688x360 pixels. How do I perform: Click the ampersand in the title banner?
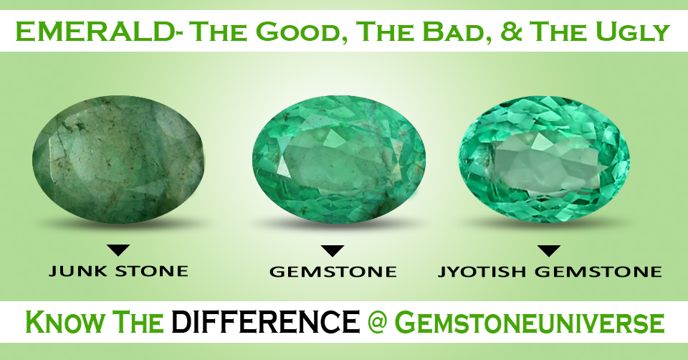[511, 32]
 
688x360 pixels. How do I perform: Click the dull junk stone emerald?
[118, 159]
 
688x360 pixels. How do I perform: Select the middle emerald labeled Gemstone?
[339, 159]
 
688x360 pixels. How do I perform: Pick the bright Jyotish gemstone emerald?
[545, 158]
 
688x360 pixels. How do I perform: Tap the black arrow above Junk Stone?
[118, 250]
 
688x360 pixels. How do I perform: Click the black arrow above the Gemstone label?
[332, 251]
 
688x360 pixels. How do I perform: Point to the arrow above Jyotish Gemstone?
[550, 251]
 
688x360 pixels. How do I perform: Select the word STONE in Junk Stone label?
[152, 271]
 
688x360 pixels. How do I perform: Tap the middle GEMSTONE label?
[333, 272]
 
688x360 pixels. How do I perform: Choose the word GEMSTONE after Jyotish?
[598, 272]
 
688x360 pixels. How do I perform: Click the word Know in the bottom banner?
[66, 322]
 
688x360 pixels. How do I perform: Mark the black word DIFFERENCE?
[265, 321]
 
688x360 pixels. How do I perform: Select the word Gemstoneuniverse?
[532, 323]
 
